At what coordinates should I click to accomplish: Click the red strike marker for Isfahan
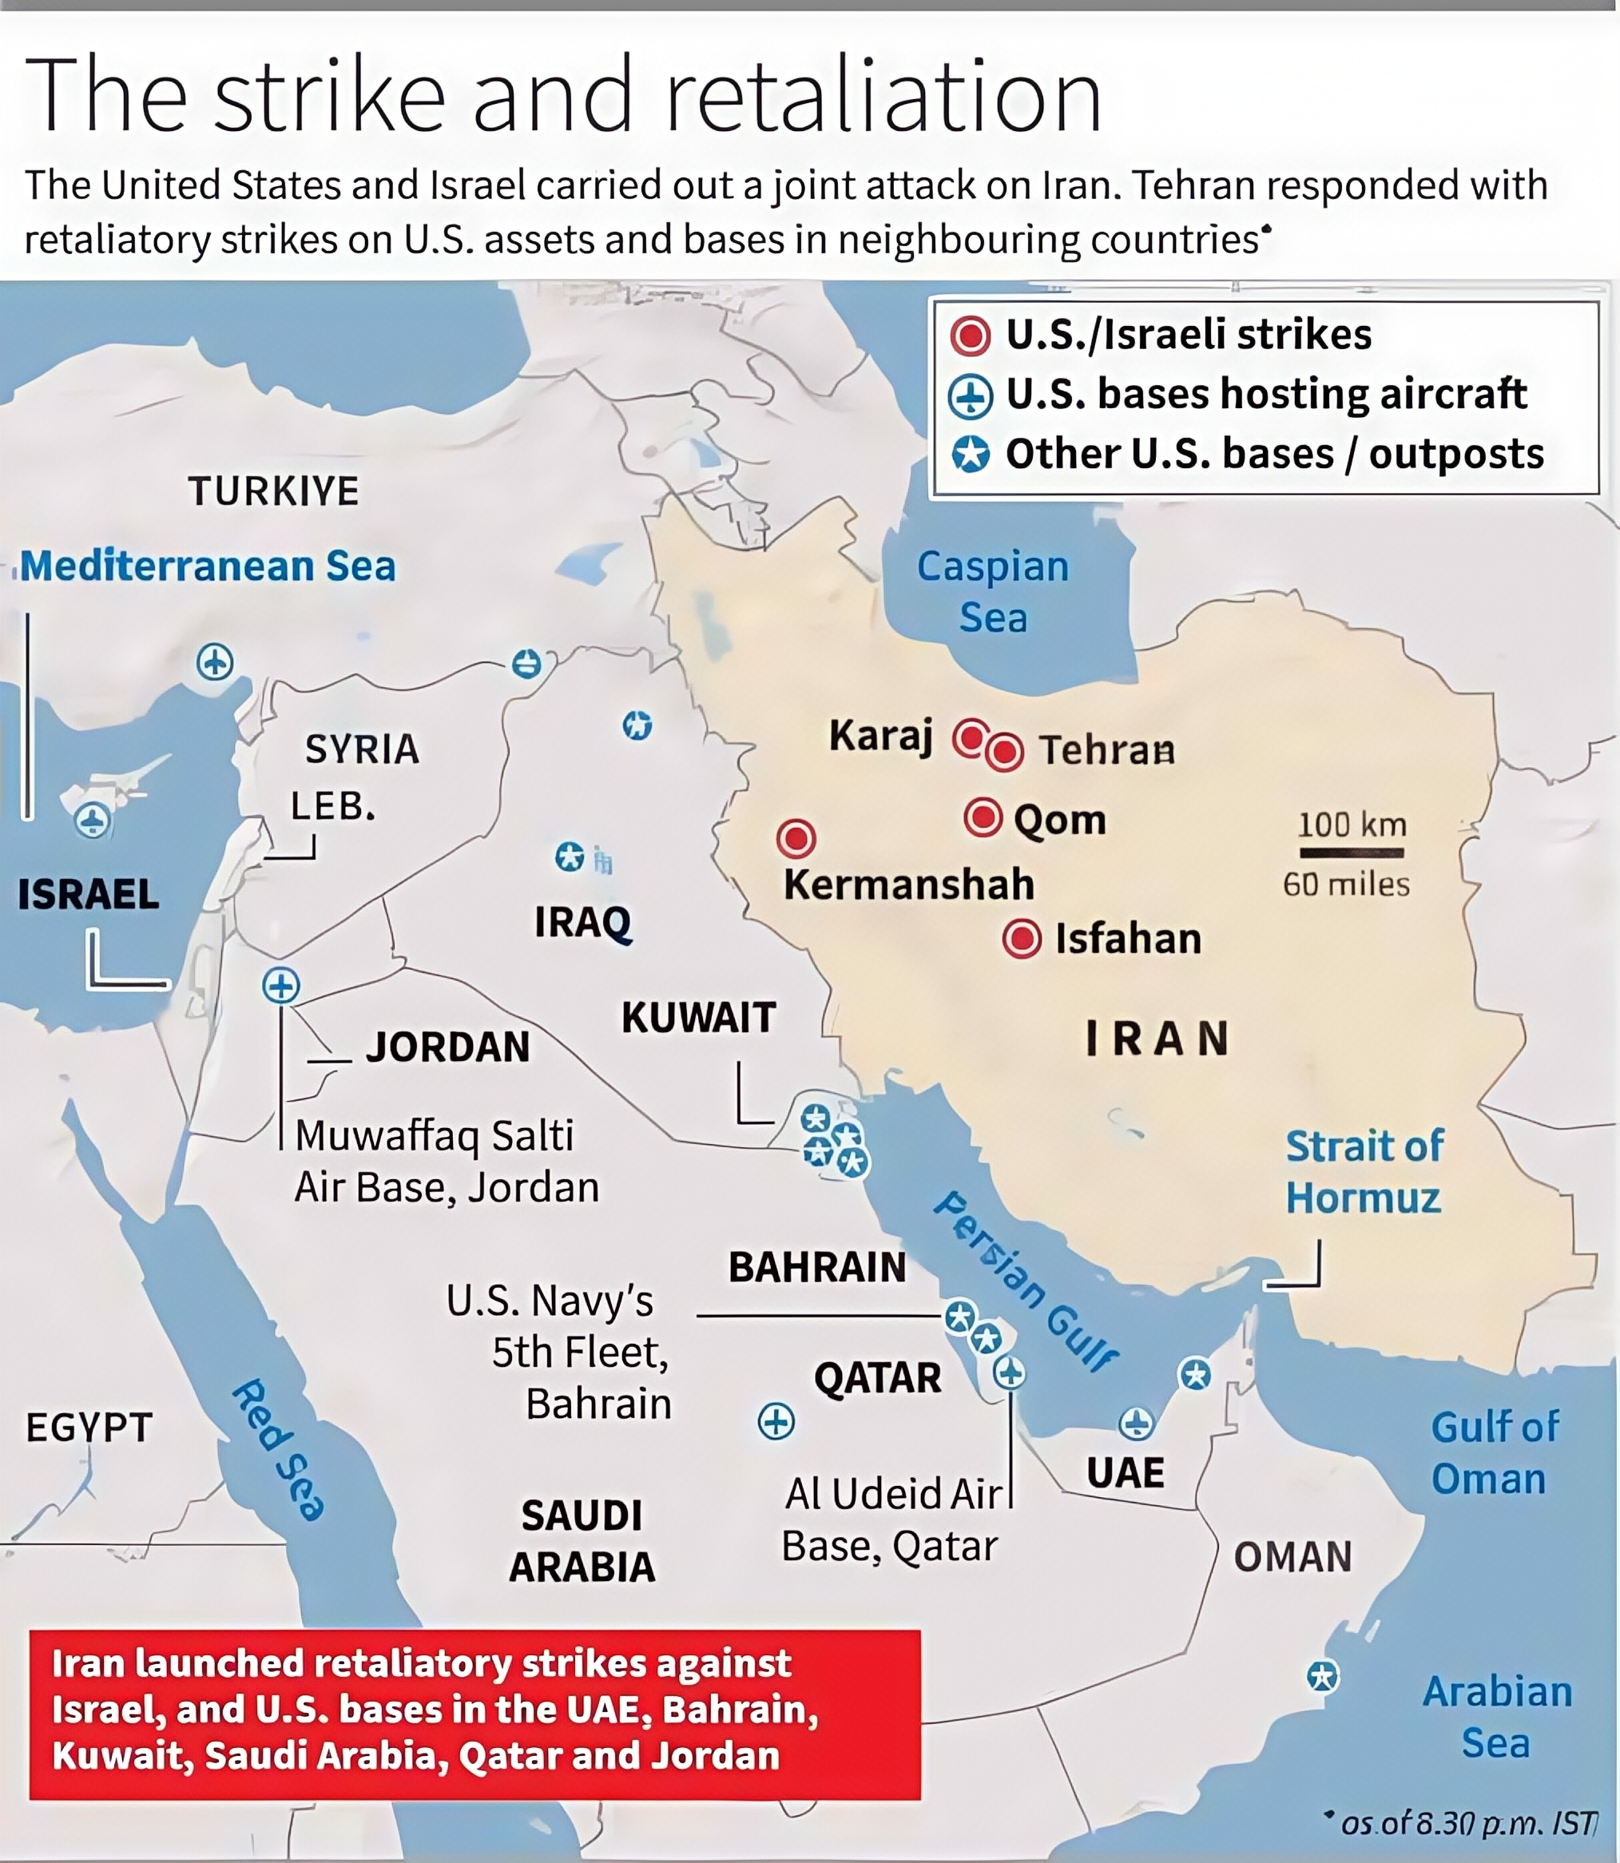(x=1022, y=939)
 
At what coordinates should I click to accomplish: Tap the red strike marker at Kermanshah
(x=796, y=839)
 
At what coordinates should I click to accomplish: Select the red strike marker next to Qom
(x=983, y=818)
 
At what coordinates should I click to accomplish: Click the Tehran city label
(x=1106, y=750)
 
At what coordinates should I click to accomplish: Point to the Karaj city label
(x=880, y=735)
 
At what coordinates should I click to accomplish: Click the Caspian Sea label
(x=993, y=592)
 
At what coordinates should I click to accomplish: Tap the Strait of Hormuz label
(x=1364, y=1171)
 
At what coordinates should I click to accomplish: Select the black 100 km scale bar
(x=1352, y=852)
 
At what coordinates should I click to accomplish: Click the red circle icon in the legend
(x=970, y=336)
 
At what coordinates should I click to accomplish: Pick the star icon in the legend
(x=970, y=455)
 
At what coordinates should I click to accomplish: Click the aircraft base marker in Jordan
(x=280, y=985)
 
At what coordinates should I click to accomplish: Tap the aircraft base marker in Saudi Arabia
(x=776, y=1421)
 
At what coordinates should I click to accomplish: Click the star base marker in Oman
(x=1324, y=1677)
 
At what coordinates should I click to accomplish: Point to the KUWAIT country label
(x=698, y=1018)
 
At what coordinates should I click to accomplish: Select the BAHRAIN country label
(x=817, y=1267)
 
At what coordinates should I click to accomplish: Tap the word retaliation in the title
(x=883, y=96)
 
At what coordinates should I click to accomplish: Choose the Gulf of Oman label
(x=1495, y=1452)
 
